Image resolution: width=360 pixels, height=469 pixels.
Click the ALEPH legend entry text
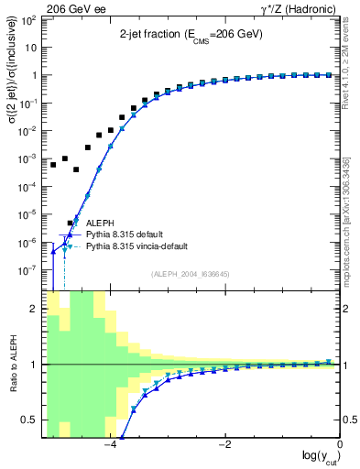point(100,223)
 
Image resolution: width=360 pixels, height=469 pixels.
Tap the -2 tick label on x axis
point(224,445)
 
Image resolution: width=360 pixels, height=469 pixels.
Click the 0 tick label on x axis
point(340,445)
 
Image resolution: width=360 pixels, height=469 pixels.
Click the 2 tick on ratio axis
point(37,309)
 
